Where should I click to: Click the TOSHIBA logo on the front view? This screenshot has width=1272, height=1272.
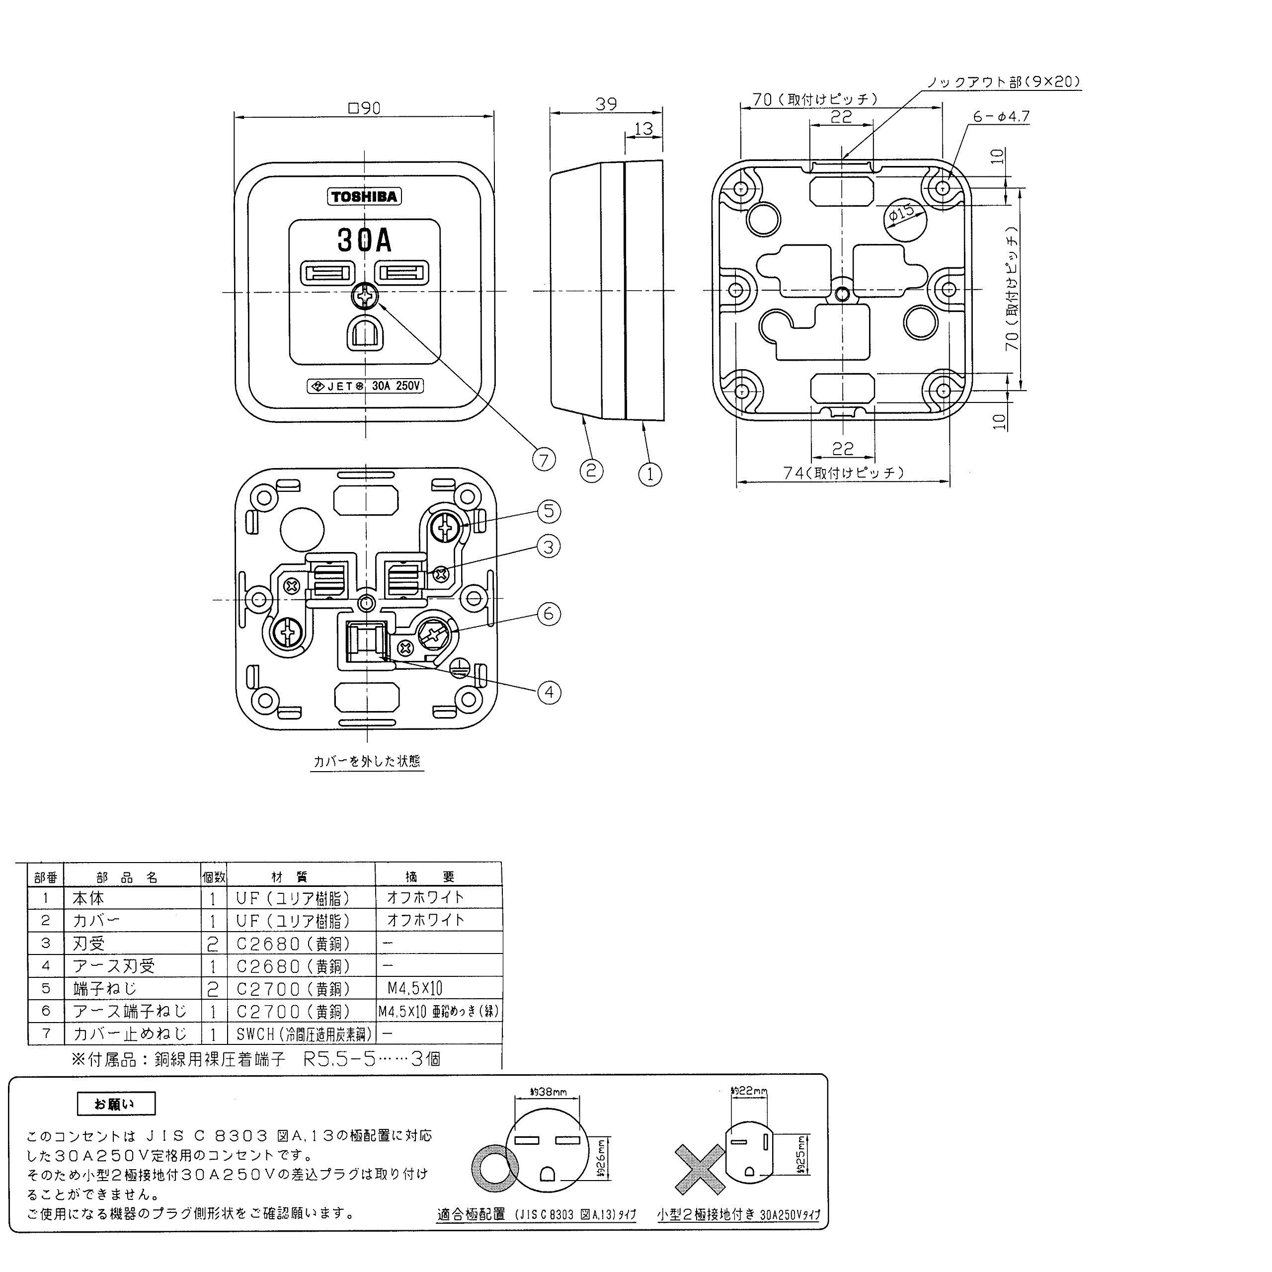364,197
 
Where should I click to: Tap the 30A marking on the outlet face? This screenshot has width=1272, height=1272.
364,240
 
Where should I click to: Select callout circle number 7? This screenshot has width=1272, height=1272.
544,460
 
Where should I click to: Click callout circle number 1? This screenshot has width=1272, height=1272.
650,474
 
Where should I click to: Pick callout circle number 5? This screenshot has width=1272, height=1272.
549,512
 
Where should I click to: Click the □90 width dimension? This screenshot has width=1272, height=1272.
364,108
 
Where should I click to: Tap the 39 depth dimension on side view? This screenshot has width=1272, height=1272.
606,104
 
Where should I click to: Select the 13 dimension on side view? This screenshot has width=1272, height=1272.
643,128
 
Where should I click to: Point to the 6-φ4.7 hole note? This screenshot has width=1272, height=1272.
1001,117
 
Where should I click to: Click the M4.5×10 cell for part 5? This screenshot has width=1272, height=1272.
415,988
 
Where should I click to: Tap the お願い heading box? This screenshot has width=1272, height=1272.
117,1104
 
